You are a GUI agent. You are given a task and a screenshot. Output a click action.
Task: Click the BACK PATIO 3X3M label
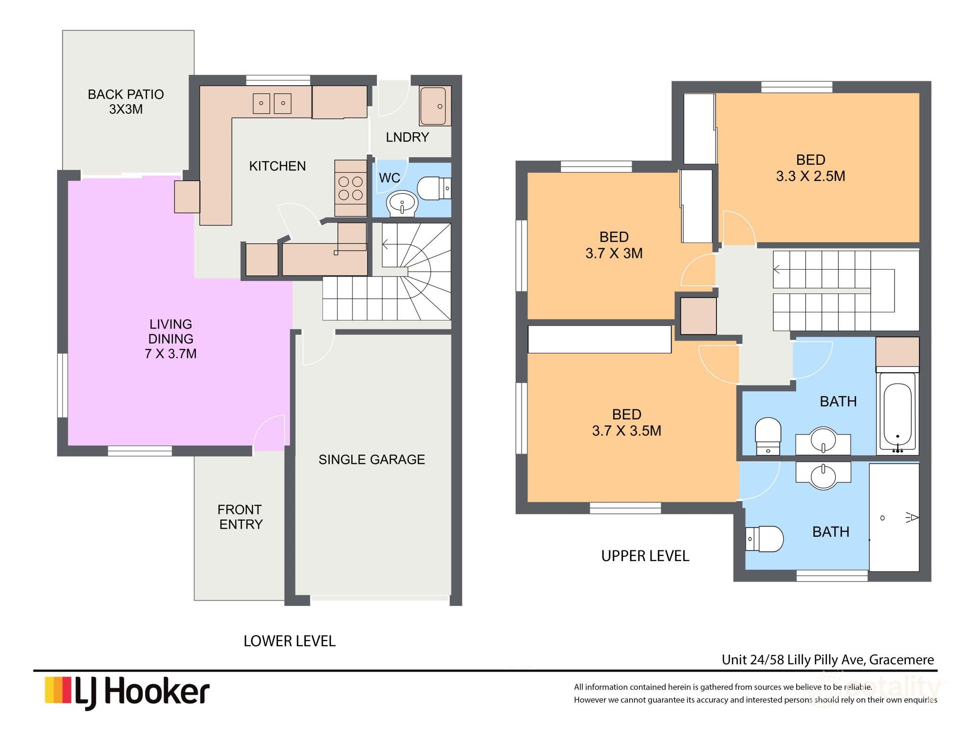tap(126, 101)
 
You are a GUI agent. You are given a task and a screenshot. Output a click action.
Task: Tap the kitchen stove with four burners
tap(351, 188)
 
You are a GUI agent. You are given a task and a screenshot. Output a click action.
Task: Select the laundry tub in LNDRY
tap(433, 106)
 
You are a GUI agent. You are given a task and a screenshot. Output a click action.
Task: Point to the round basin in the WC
tap(402, 202)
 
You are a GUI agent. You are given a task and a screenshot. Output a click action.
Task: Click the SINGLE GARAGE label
tap(372, 459)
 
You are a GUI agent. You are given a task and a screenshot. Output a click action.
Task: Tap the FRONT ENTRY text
tap(240, 517)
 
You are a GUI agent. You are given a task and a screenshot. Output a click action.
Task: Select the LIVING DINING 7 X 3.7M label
tap(170, 339)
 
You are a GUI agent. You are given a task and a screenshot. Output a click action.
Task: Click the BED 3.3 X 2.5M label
tap(810, 168)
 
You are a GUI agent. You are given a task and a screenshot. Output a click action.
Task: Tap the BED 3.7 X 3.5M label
tap(626, 422)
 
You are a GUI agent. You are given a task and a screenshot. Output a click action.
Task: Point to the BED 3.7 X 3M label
tap(614, 245)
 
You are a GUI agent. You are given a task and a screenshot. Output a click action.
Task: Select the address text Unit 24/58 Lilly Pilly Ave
tap(827, 660)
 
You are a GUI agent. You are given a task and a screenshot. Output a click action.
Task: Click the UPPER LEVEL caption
tap(645, 556)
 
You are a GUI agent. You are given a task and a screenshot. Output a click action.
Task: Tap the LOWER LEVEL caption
tap(289, 641)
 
